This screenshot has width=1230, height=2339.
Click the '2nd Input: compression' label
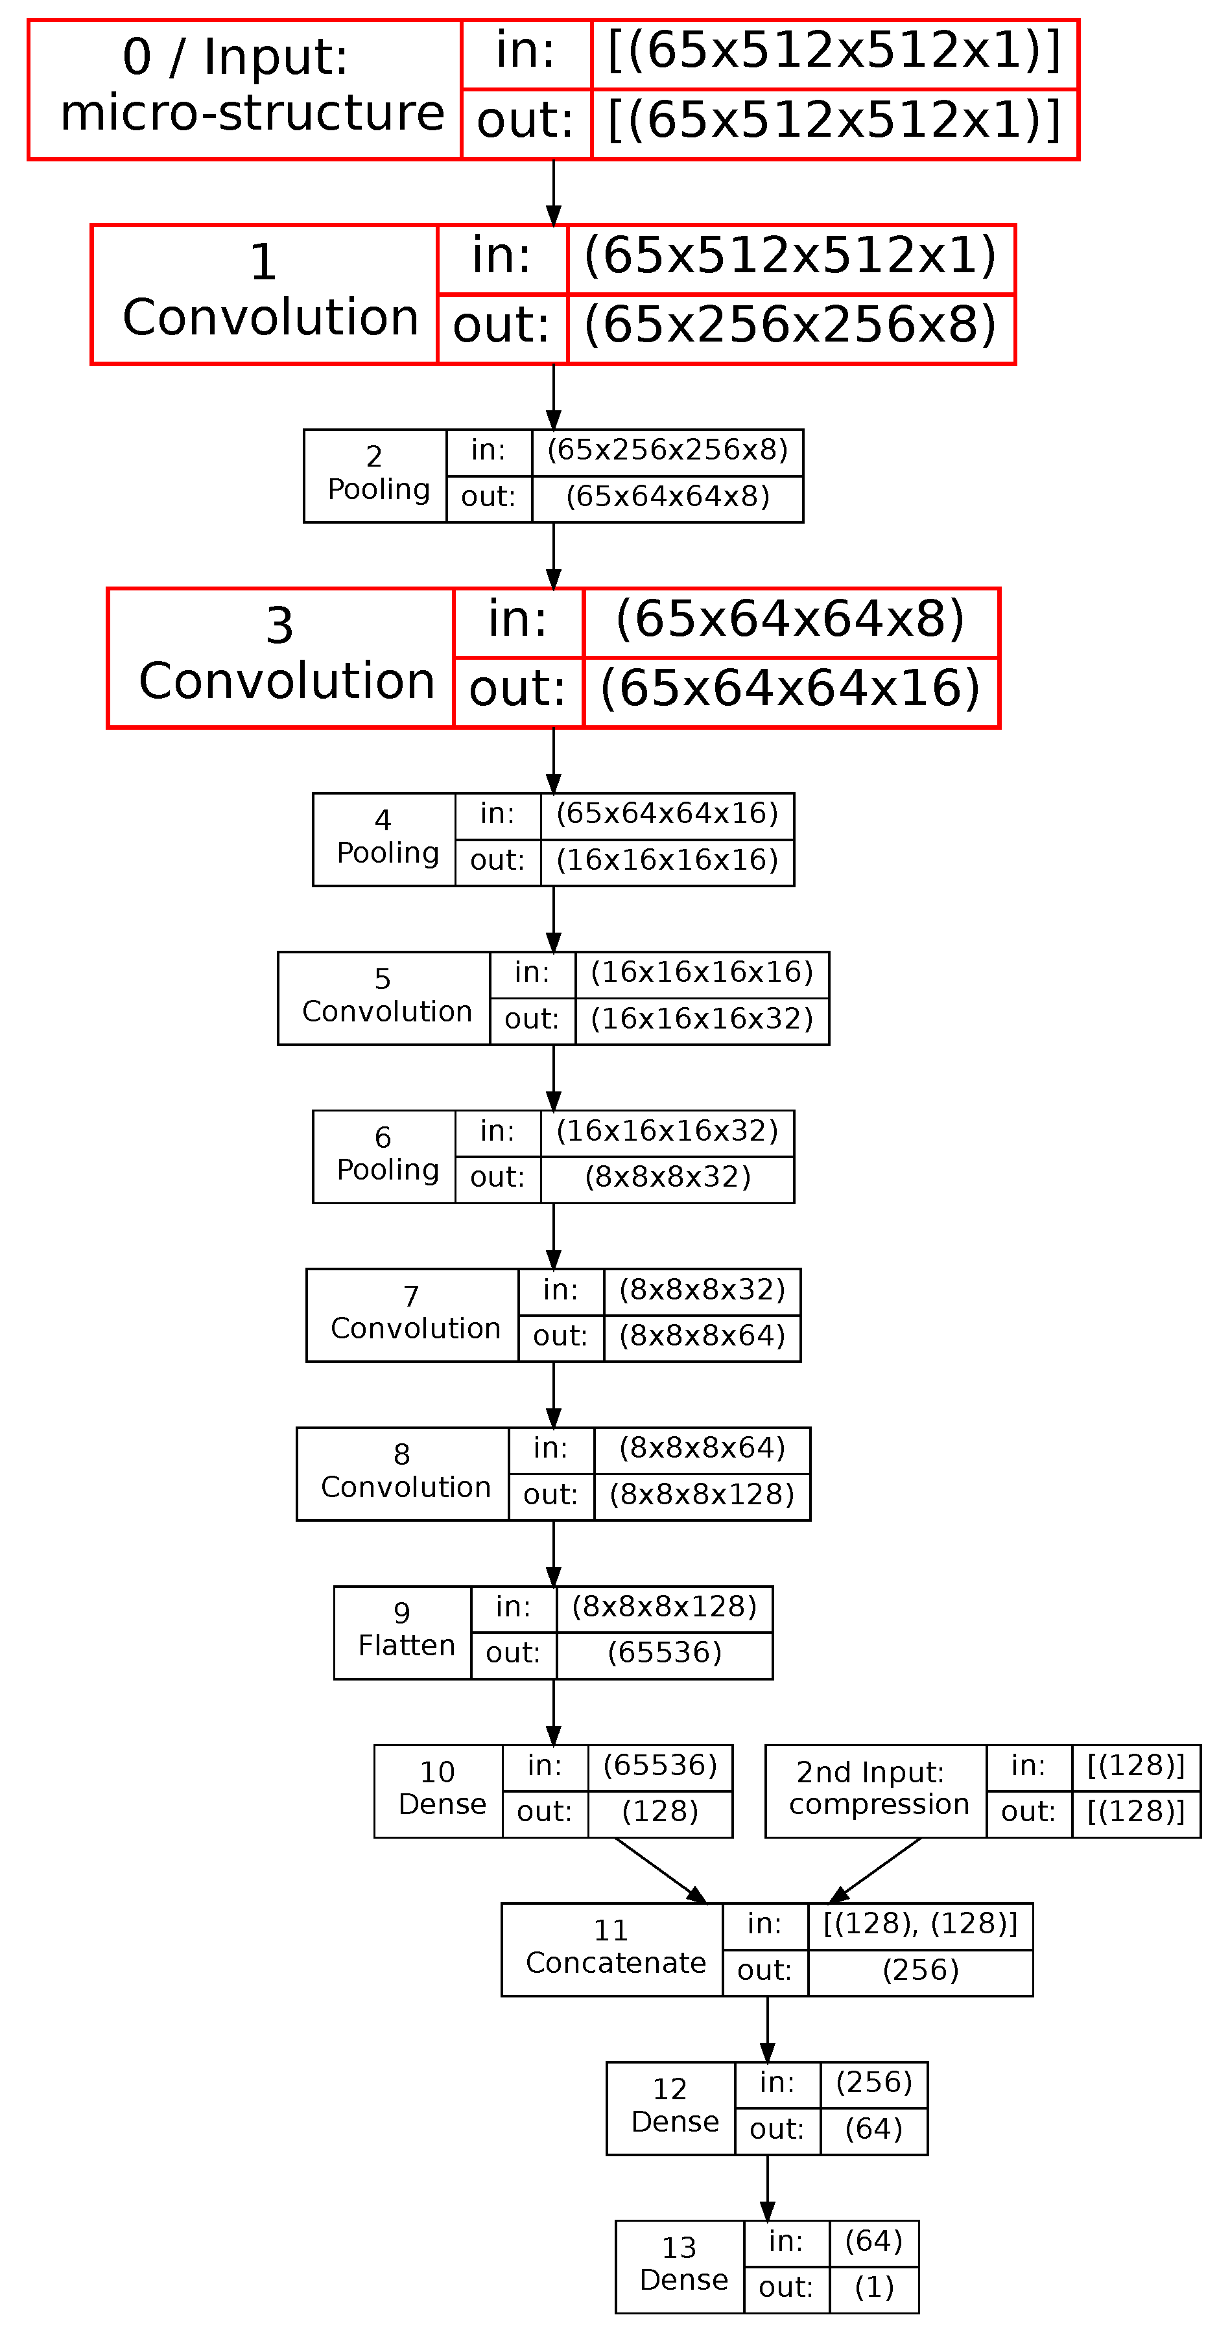click(x=877, y=1789)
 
